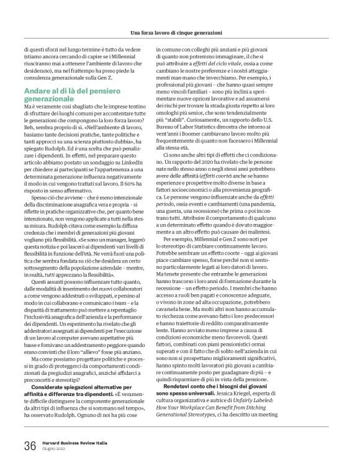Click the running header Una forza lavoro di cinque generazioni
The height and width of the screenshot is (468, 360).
(x=179, y=32)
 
